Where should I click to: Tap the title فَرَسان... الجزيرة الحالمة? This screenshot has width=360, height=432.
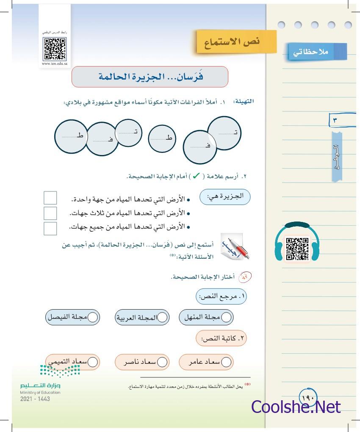[150, 77]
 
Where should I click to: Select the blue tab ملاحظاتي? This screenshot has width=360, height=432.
[317, 52]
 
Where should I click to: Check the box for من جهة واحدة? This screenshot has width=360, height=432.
[50, 198]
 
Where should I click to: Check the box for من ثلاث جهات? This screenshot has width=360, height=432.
[50, 213]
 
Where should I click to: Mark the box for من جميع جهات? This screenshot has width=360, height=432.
[50, 228]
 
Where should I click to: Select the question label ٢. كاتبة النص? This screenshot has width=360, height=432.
[221, 339]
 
